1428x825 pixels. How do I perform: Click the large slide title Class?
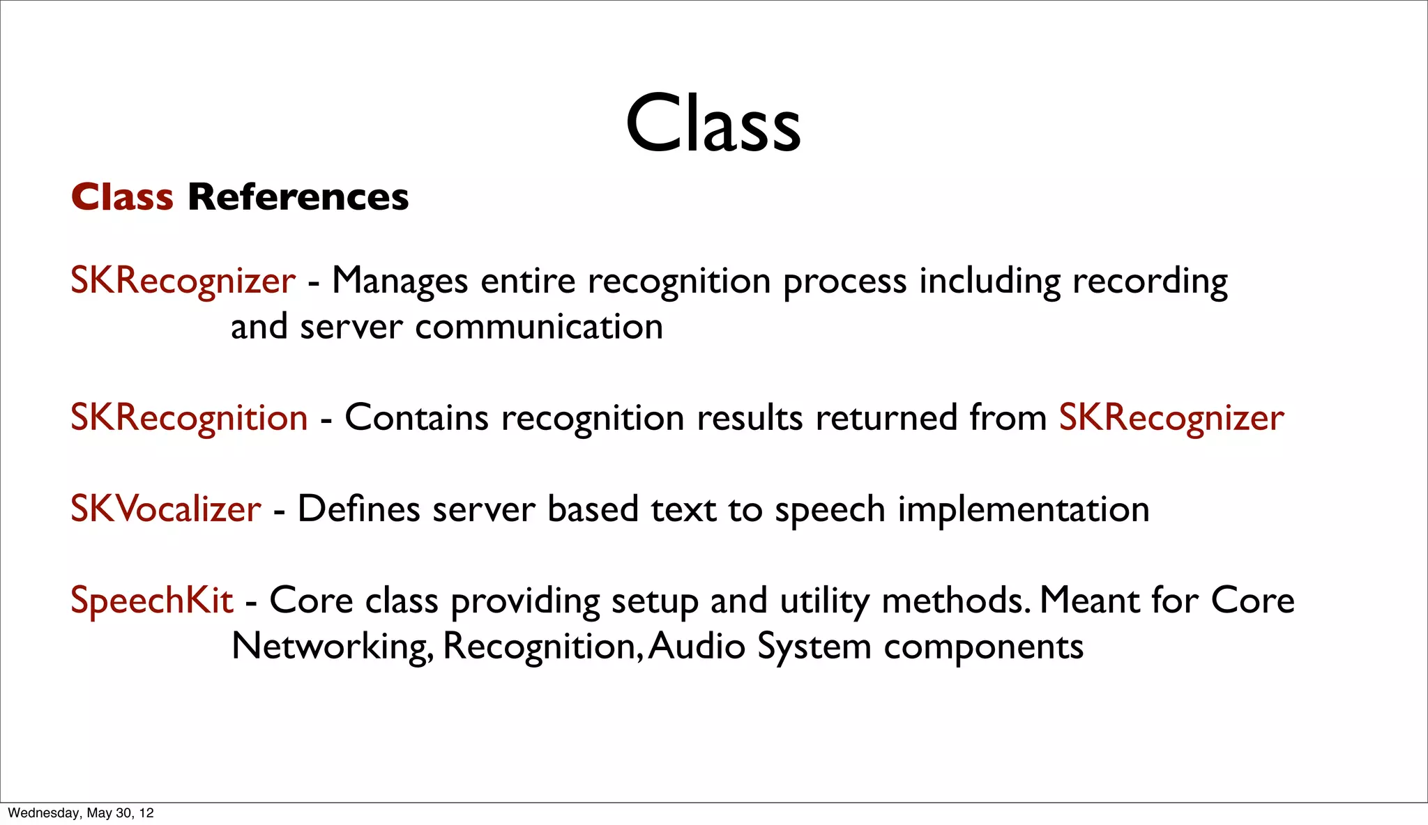(x=713, y=123)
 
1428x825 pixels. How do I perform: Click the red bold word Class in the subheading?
(x=122, y=197)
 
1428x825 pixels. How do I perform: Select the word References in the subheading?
(x=298, y=197)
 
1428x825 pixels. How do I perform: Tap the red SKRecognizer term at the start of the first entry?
(x=183, y=281)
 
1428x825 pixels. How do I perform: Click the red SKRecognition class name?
(x=189, y=418)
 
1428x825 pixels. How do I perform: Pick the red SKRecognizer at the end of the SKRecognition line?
(x=1171, y=418)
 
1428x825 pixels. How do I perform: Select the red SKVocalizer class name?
(x=166, y=509)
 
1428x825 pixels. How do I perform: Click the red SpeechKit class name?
(x=151, y=601)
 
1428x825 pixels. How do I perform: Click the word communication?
(x=538, y=327)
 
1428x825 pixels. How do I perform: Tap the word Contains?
(x=416, y=418)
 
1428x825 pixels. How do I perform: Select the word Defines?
(x=358, y=509)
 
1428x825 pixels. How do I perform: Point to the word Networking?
(x=332, y=647)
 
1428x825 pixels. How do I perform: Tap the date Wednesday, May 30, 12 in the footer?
(x=81, y=813)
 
